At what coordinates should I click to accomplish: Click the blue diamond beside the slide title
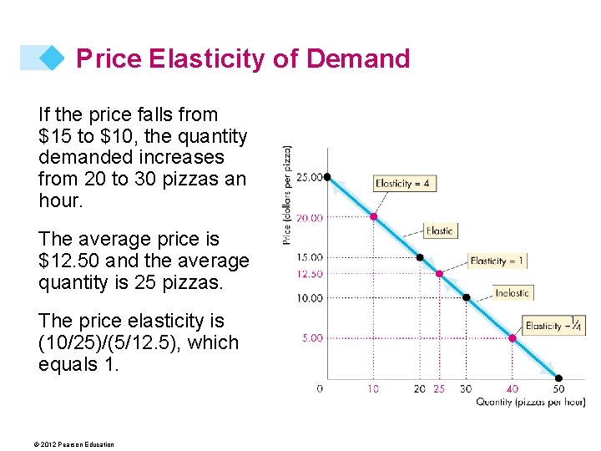click(52, 58)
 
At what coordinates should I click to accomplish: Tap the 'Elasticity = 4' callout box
click(405, 184)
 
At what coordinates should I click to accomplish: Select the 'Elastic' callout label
click(440, 231)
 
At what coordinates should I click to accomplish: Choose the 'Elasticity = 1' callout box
click(497, 261)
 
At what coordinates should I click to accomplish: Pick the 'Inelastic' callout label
click(512, 293)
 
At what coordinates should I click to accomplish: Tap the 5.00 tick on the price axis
click(311, 338)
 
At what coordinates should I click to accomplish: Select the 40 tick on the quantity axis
click(512, 388)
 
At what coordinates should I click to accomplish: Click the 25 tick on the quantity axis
click(440, 388)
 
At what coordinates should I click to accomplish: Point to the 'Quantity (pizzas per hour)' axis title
click(530, 403)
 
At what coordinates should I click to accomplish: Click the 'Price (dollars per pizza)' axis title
click(287, 195)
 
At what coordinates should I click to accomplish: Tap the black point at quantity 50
click(558, 378)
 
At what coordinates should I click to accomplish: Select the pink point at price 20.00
click(374, 217)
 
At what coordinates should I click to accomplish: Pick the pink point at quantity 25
click(439, 274)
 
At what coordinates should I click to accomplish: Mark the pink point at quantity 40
click(513, 338)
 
